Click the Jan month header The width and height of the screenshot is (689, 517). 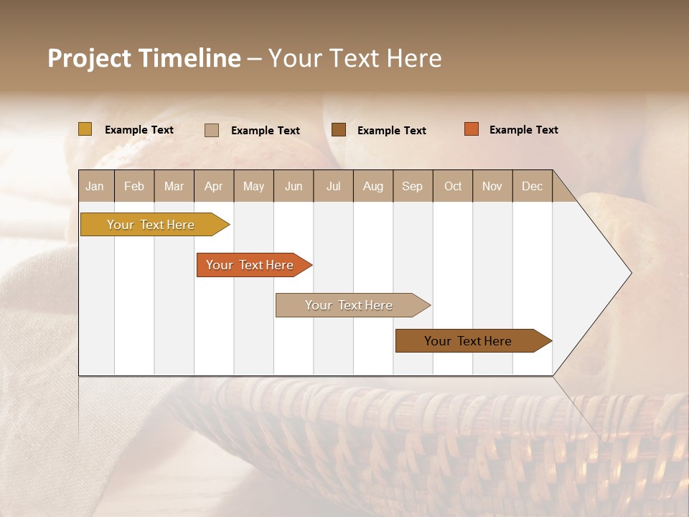(95, 186)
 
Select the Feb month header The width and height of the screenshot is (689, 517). (134, 186)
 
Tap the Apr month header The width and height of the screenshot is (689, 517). (213, 186)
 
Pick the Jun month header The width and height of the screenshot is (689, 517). (294, 186)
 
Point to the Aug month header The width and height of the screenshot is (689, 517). (372, 186)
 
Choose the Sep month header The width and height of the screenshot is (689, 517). (412, 186)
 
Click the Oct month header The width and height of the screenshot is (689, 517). (453, 186)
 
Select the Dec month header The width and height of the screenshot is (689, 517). (532, 186)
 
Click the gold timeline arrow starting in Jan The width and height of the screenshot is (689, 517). (151, 225)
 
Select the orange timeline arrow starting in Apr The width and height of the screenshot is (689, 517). (250, 265)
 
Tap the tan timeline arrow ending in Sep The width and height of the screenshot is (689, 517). (350, 305)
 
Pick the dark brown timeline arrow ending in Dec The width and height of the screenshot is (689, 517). (469, 341)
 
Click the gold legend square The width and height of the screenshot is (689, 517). (85, 129)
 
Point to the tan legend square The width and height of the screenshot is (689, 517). (212, 130)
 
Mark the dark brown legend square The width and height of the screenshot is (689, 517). (339, 129)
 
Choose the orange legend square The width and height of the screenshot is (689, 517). (471, 129)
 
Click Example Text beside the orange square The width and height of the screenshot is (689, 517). (523, 130)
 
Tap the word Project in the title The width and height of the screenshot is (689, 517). (90, 58)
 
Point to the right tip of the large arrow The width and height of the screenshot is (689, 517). (629, 273)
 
